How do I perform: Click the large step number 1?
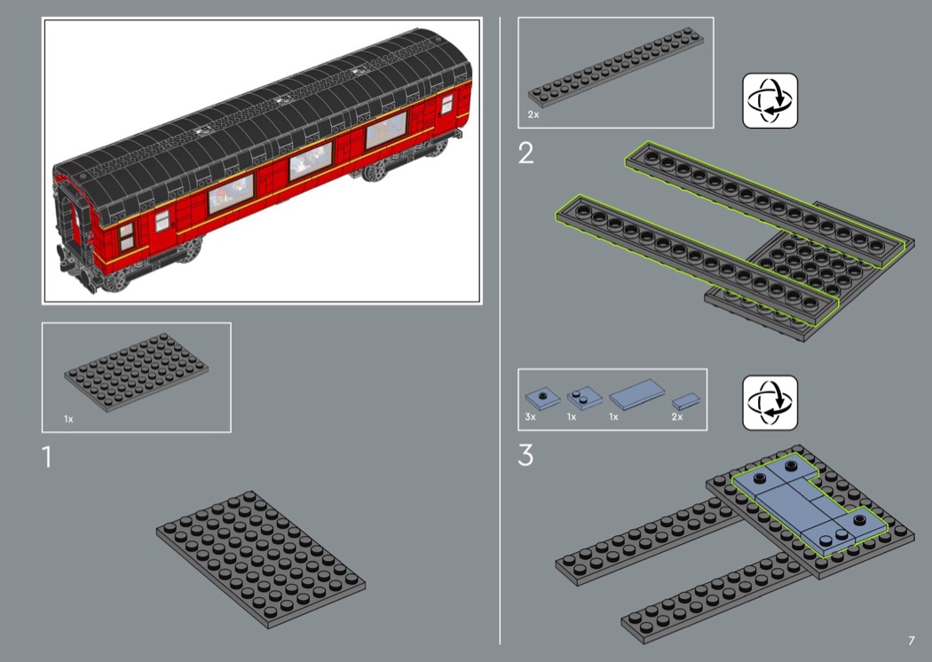pos(47,457)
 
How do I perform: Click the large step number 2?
pos(526,154)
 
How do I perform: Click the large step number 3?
pos(525,455)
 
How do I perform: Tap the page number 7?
pos(912,640)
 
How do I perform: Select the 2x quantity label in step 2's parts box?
pos(533,114)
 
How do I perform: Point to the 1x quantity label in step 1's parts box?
pos(68,419)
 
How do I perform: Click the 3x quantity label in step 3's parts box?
pos(530,416)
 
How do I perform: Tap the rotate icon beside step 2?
pos(770,100)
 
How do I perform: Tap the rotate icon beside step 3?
pos(770,402)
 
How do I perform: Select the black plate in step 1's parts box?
pos(136,372)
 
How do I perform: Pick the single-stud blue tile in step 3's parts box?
pos(542,398)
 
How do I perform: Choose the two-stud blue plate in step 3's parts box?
pos(584,398)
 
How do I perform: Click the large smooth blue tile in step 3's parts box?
pos(637,395)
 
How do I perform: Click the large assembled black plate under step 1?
pos(261,559)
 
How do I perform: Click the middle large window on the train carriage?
pos(311,161)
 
